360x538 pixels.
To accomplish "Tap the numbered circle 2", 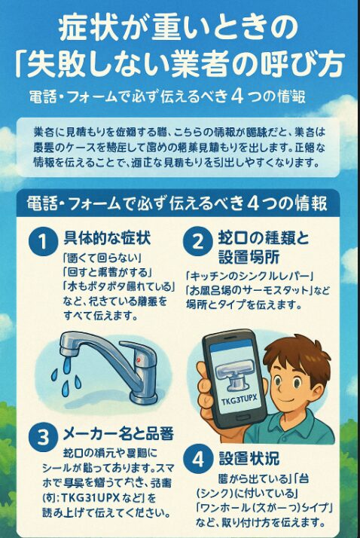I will [197, 243].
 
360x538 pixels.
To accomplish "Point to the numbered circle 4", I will [197, 459].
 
